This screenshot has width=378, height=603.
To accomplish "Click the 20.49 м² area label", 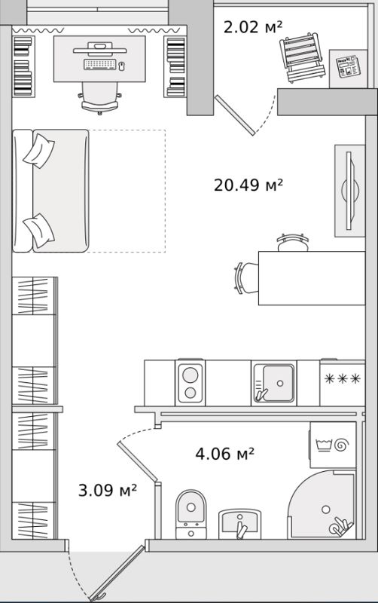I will pos(248,185).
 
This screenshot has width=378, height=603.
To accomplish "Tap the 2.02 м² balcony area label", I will pos(253,28).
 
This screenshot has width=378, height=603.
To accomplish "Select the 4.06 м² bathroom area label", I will pos(224,454).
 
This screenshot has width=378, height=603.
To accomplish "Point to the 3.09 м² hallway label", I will pos(108,491).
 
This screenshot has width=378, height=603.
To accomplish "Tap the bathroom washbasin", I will pos(239,522).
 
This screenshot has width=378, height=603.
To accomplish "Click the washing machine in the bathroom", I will pos(332,445).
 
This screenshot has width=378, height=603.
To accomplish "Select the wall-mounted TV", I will pos(348,188).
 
